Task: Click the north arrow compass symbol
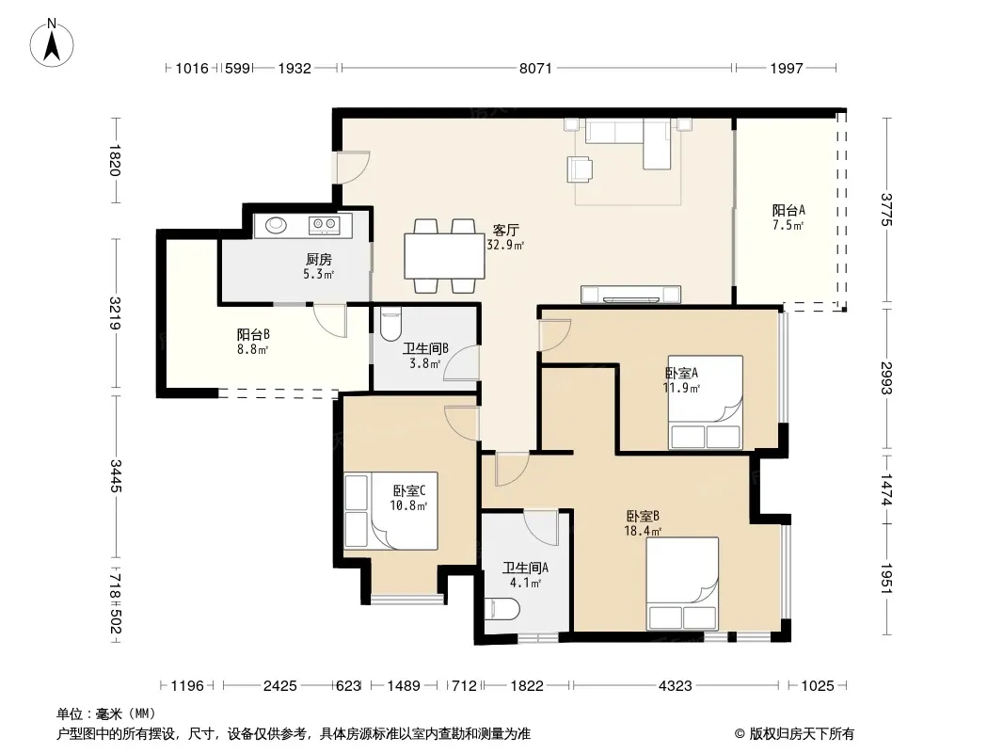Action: pos(52,43)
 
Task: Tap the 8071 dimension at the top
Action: pos(535,68)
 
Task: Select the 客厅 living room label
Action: pos(505,230)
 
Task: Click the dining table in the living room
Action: pos(444,256)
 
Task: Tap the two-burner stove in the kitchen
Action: pos(323,224)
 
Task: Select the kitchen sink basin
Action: pos(276,225)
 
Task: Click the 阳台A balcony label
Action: pos(788,210)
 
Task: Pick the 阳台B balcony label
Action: pos(253,334)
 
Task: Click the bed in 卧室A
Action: pos(706,403)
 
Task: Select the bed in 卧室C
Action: pos(390,510)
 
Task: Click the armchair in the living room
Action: pos(580,168)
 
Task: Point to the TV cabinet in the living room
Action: pos(630,295)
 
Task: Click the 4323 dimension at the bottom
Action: pos(675,686)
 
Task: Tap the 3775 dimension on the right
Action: pos(886,210)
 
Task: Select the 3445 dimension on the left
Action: pos(116,476)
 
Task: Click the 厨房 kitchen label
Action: pos(319,259)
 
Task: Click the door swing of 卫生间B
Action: pos(459,362)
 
